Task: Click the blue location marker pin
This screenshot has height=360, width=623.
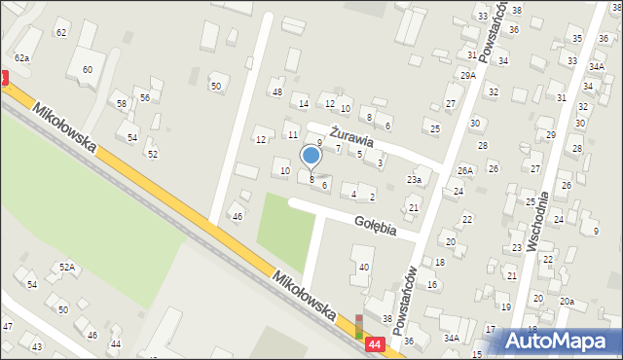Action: click(x=311, y=157)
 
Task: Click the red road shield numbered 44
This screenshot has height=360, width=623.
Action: click(x=375, y=344)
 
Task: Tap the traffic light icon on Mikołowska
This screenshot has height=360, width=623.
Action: click(x=359, y=326)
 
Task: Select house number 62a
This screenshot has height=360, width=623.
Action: click(x=21, y=58)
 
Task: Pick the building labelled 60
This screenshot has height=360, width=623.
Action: click(x=87, y=69)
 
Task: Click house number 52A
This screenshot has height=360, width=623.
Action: click(x=66, y=267)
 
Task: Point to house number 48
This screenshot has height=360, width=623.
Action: click(x=277, y=92)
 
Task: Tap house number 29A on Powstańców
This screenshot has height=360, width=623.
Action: click(x=467, y=75)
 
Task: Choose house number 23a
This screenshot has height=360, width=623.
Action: click(x=414, y=180)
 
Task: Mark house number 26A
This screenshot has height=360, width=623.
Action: click(x=465, y=170)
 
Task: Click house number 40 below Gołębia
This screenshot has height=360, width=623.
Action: click(x=364, y=267)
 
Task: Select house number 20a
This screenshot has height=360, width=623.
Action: click(x=567, y=302)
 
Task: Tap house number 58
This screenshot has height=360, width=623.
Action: click(x=122, y=104)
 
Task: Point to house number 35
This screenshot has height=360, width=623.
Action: click(x=577, y=38)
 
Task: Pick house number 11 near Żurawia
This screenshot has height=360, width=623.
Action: click(x=292, y=134)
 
